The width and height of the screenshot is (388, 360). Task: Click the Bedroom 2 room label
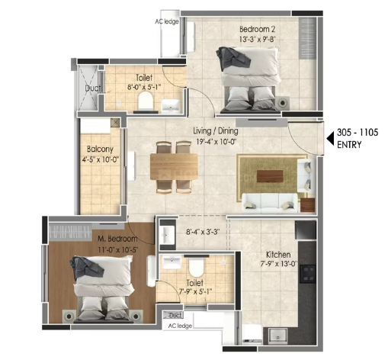pyautogui.click(x=257, y=29)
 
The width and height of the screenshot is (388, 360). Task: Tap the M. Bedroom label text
pyautogui.click(x=117, y=239)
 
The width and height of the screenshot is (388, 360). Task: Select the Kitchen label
pyautogui.click(x=278, y=255)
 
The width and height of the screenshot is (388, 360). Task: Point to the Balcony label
pyautogui.click(x=100, y=149)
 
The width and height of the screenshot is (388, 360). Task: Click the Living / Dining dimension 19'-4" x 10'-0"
pyautogui.click(x=216, y=142)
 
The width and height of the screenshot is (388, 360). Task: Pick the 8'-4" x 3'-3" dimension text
pyautogui.click(x=203, y=232)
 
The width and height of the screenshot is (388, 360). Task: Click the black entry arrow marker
pyautogui.click(x=330, y=139)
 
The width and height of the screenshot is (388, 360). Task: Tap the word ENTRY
pyautogui.click(x=349, y=145)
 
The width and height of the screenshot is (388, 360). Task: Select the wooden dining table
pyautogui.click(x=174, y=166)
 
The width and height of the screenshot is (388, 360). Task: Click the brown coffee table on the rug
pyautogui.click(x=270, y=176)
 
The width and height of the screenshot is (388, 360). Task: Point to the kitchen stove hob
pyautogui.click(x=307, y=274)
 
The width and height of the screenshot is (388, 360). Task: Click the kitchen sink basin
pyautogui.click(x=278, y=336)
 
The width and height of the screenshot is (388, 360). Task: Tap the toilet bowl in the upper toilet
pyautogui.click(x=146, y=100)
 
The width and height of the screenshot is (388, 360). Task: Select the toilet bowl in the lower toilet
pyautogui.click(x=196, y=268)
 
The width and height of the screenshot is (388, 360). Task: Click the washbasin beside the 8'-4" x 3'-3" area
pyautogui.click(x=167, y=235)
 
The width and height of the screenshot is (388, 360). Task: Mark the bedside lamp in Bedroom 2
pyautogui.click(x=282, y=103)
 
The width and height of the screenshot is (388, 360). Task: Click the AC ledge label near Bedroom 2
pyautogui.click(x=167, y=21)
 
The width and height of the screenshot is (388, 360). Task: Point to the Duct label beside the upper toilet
pyautogui.click(x=93, y=88)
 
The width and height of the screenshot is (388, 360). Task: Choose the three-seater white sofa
pyautogui.click(x=270, y=202)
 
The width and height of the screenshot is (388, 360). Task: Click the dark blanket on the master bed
pyautogui.click(x=87, y=266)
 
